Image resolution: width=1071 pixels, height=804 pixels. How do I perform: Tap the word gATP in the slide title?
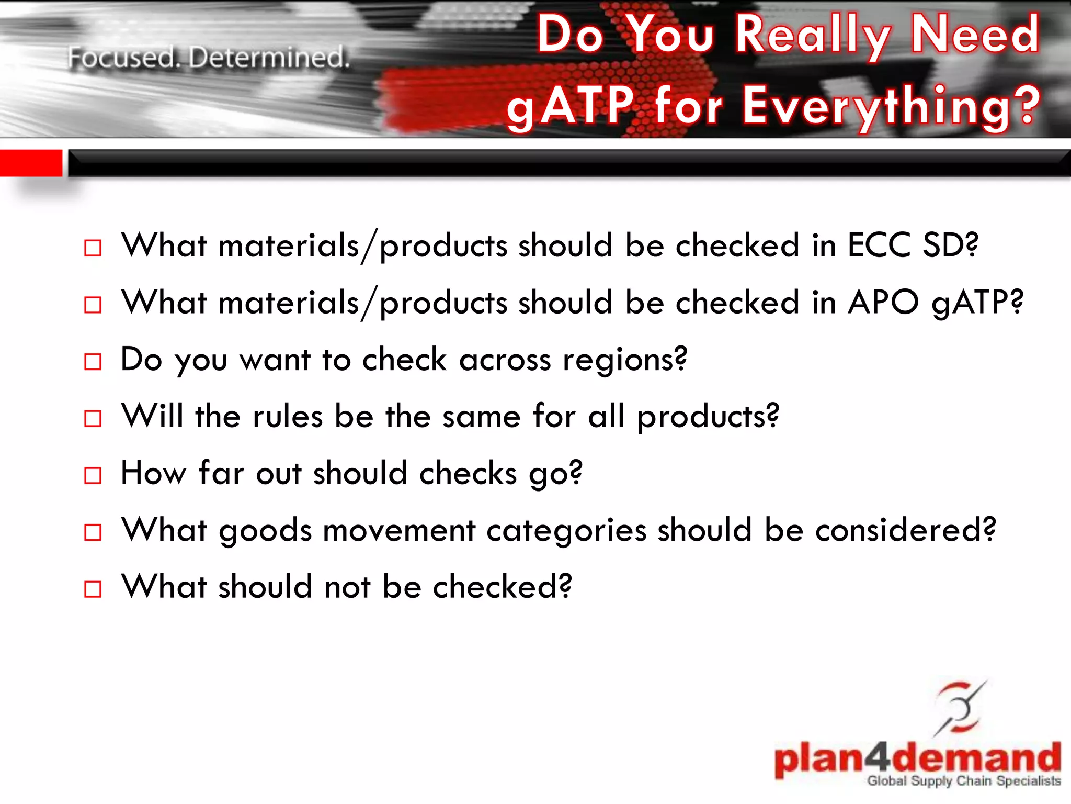pyautogui.click(x=571, y=106)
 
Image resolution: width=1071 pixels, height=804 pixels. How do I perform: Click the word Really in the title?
pyautogui.click(x=813, y=35)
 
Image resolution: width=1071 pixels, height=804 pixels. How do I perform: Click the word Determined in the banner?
pyautogui.click(x=269, y=58)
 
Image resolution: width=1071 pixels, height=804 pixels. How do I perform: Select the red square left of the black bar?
pyautogui.click(x=31, y=163)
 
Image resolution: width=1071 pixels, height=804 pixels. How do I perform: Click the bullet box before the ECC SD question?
pyautogui.click(x=93, y=248)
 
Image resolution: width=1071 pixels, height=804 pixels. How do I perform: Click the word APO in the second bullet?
pyautogui.click(x=883, y=302)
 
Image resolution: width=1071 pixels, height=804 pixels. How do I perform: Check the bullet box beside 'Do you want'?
pyautogui.click(x=93, y=362)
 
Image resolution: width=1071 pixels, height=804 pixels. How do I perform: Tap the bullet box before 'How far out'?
pyautogui.click(x=93, y=475)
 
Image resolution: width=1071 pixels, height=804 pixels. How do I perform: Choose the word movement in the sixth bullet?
pyautogui.click(x=399, y=530)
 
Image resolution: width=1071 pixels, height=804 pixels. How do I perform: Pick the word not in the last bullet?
pyautogui.click(x=347, y=587)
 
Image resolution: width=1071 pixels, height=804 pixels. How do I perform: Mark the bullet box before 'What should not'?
pyautogui.click(x=93, y=589)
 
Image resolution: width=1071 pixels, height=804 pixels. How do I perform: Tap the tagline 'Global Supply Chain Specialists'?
pyautogui.click(x=964, y=781)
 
